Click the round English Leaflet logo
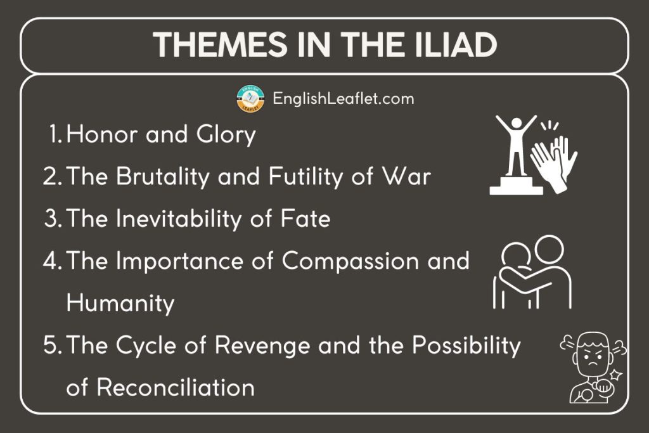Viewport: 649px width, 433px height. click(x=250, y=100)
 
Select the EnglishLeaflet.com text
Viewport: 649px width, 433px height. click(x=343, y=99)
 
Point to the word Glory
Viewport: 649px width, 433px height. click(x=223, y=135)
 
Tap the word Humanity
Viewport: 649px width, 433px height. click(x=120, y=304)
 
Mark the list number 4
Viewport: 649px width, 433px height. click(x=51, y=261)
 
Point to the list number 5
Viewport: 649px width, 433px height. click(x=51, y=346)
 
